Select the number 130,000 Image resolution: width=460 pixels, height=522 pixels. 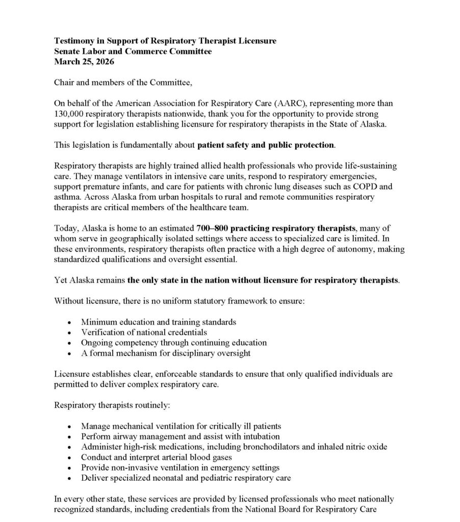(69, 114)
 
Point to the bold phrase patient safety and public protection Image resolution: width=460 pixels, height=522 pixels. (266, 145)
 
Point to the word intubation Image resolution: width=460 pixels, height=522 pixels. (259, 436)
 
